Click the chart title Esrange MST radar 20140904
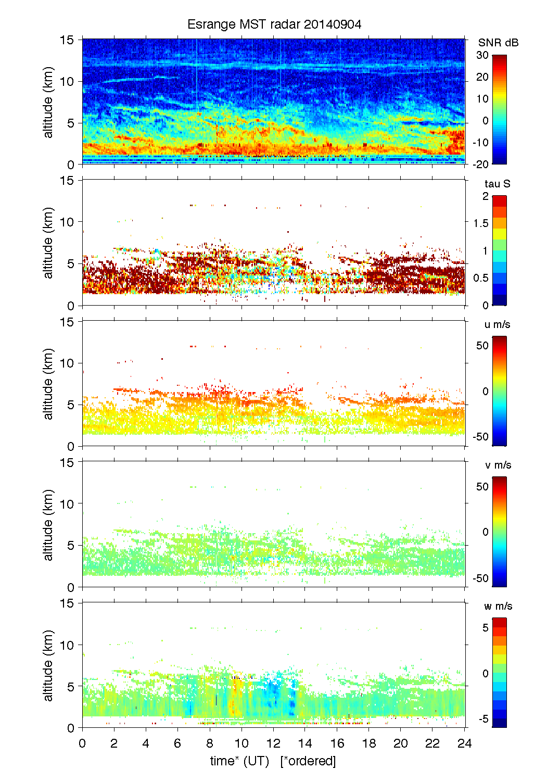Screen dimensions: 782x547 [x=274, y=24]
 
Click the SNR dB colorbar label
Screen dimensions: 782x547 [x=498, y=43]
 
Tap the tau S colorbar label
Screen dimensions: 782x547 [x=497, y=184]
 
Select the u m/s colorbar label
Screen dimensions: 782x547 [x=497, y=324]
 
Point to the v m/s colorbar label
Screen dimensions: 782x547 [x=498, y=465]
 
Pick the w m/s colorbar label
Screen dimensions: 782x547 [x=498, y=606]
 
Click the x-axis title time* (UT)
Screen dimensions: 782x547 [x=239, y=761]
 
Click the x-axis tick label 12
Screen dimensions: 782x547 [x=273, y=743]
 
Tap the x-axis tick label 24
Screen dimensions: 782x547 [x=464, y=743]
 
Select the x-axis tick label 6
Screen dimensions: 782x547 [x=177, y=743]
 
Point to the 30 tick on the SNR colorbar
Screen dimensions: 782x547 [x=482, y=55]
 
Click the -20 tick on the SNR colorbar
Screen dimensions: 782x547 [x=480, y=164]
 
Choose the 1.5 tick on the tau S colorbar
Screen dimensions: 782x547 [x=480, y=223]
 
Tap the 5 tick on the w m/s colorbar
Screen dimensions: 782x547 [x=485, y=627]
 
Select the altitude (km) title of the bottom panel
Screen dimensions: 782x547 [x=48, y=665]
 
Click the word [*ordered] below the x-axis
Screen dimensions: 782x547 [x=308, y=761]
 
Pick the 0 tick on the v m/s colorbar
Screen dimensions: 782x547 [x=485, y=532]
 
